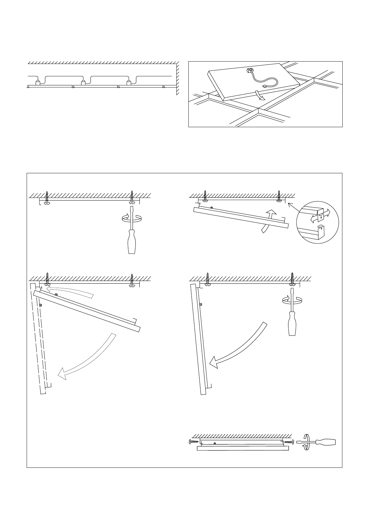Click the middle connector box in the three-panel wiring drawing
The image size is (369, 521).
point(83,82)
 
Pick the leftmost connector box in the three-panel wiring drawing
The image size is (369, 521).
point(38,82)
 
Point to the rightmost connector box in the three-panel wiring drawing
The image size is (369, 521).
point(129,82)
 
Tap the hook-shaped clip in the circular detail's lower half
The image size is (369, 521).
point(321,230)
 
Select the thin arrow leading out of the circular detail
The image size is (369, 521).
point(293,207)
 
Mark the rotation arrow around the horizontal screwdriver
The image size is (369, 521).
point(306,442)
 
